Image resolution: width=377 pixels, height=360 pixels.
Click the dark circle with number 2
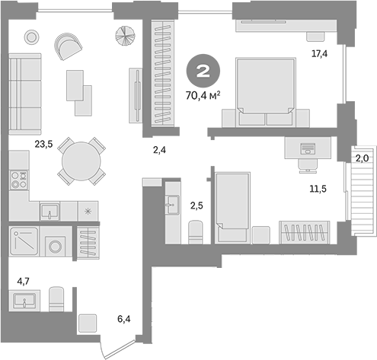[x=205, y=73]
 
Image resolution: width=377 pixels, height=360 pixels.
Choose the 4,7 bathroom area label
[x=24, y=282]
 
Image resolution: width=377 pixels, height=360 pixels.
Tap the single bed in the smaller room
[x=233, y=201]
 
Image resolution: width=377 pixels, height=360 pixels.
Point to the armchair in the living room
[x=69, y=47]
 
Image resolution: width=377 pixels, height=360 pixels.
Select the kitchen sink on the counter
[x=50, y=210]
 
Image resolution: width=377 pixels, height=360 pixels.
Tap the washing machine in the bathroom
[x=56, y=247]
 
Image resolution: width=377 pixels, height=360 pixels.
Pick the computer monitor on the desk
[x=307, y=148]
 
